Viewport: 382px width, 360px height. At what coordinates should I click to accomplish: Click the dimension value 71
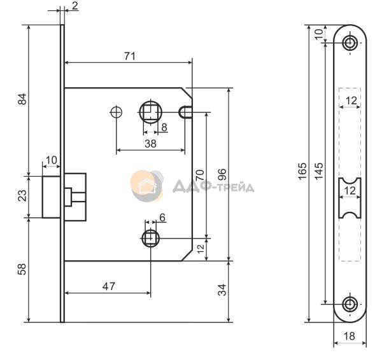(x=130, y=56)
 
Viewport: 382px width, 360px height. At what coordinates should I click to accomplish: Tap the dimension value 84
(x=22, y=99)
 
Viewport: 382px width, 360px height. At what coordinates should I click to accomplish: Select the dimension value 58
(x=22, y=269)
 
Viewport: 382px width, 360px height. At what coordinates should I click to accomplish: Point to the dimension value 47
(x=109, y=286)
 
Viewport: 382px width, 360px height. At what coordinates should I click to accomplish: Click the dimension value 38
(x=150, y=144)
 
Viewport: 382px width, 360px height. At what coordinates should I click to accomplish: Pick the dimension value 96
(x=222, y=174)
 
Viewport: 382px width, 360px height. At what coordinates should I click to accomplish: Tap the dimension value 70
(x=199, y=176)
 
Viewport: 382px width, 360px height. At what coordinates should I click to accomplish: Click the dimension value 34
(x=222, y=290)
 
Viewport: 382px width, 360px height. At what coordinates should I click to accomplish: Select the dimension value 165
(x=302, y=171)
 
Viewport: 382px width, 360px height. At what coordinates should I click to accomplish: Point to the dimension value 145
(x=319, y=171)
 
